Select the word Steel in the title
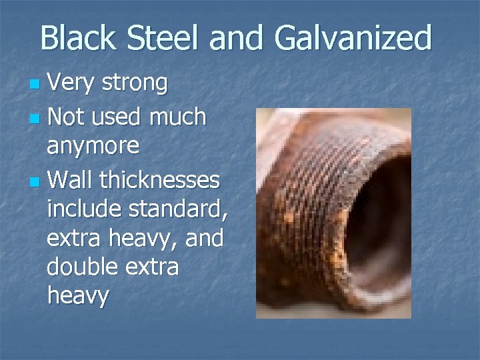pos(166,38)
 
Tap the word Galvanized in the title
pos(353,38)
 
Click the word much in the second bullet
pos(177,117)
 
